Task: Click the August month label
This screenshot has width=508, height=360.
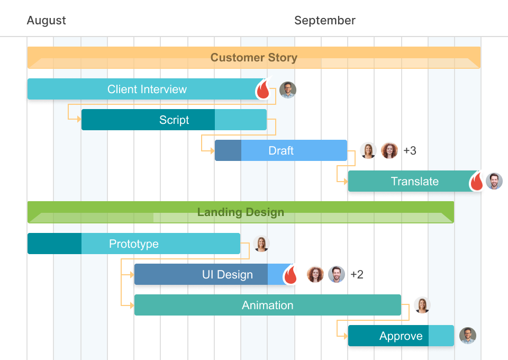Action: (47, 21)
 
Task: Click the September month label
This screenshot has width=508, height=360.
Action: (324, 21)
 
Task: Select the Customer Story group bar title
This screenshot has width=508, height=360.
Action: (253, 58)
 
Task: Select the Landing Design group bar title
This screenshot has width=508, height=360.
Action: (240, 212)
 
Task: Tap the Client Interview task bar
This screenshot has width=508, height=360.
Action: (147, 89)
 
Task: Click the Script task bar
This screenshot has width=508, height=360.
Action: (174, 120)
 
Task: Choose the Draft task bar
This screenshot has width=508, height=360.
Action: (280, 150)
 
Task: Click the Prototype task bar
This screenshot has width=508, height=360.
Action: (133, 244)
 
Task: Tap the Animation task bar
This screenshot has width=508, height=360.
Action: (267, 305)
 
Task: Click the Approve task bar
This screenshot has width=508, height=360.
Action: (401, 336)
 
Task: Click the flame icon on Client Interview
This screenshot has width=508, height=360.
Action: (263, 90)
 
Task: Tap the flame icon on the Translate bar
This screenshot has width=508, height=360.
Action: (477, 182)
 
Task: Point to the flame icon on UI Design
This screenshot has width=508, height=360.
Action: (290, 275)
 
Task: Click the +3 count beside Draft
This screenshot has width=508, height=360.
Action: (410, 151)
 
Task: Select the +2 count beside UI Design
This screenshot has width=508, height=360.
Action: (357, 274)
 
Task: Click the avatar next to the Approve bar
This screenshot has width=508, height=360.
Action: (467, 336)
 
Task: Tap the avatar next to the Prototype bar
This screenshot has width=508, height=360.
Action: (261, 244)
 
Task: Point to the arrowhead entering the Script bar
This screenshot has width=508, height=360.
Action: (79, 120)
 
